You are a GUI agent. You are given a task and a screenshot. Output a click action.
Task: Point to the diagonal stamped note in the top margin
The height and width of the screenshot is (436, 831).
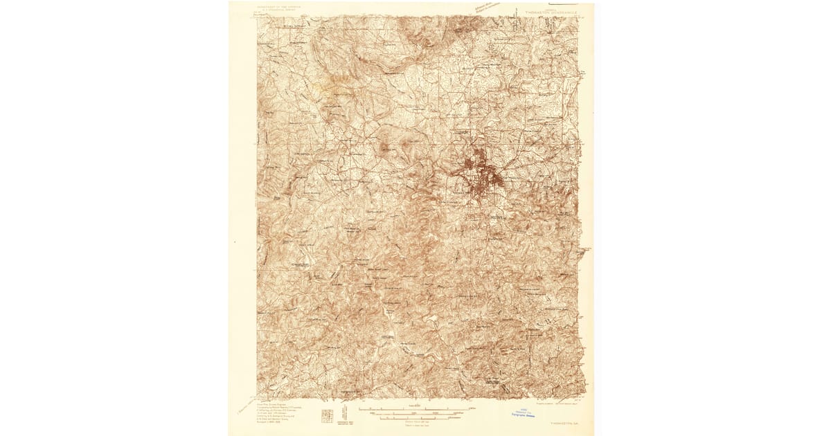click(488, 10)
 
